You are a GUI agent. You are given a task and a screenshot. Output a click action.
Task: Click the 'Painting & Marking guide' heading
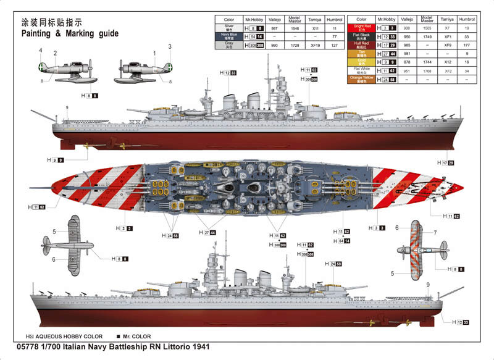tap(69, 34)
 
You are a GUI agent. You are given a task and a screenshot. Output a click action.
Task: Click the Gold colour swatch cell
tap(362, 62)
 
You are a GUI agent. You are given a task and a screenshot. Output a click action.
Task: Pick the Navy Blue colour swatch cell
tap(229, 36)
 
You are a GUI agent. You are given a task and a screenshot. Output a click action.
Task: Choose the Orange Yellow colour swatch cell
tap(362, 79)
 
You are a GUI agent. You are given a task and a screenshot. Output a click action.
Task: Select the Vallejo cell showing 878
tap(406, 62)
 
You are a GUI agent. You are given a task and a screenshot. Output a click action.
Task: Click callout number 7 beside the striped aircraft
tap(435, 233)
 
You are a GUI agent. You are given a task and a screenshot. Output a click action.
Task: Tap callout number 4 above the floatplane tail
tap(41, 50)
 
